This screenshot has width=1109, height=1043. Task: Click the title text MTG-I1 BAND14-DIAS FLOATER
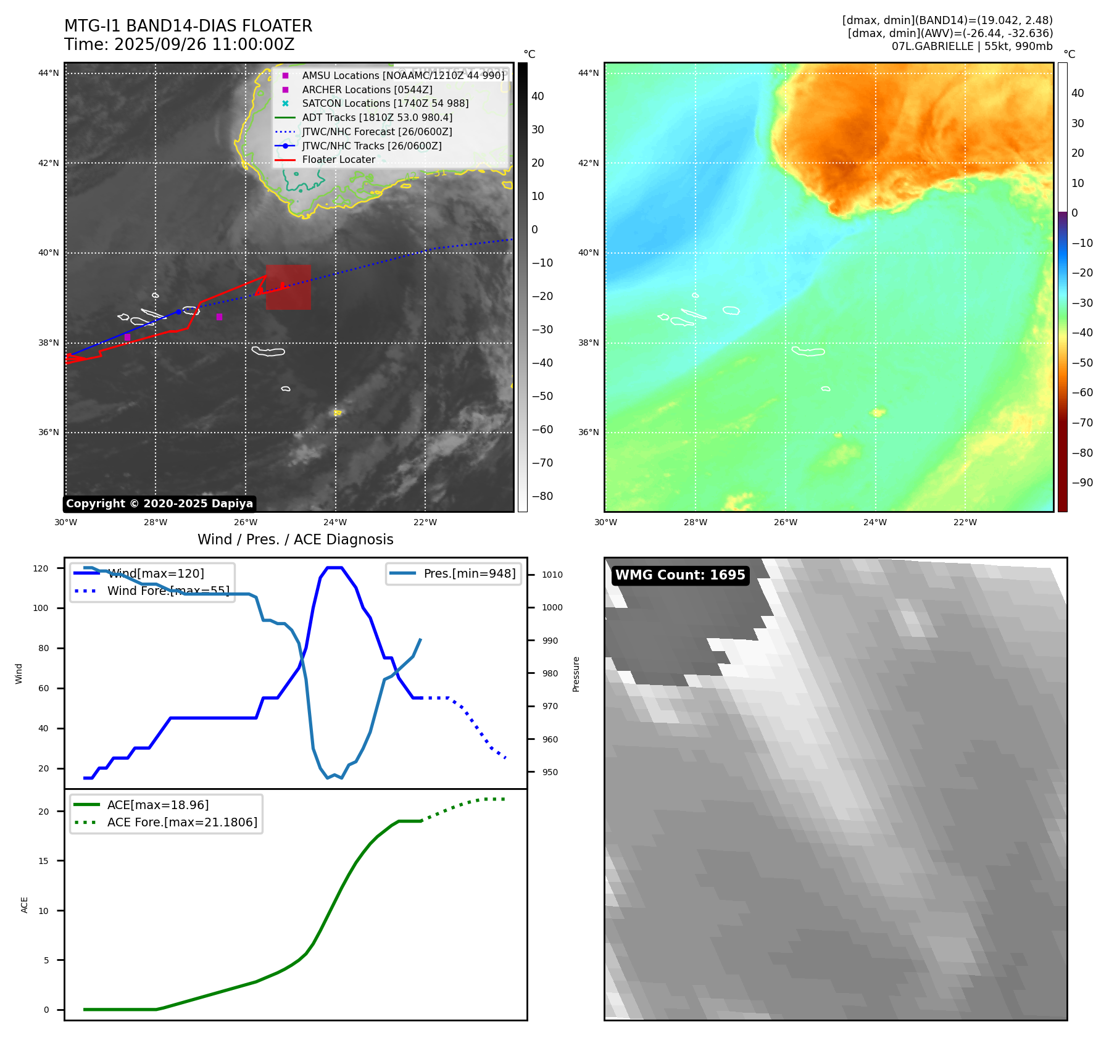point(188,26)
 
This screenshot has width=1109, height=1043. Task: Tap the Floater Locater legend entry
point(338,160)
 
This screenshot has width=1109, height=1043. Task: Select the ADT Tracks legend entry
point(376,118)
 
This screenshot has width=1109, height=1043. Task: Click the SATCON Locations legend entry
point(384,104)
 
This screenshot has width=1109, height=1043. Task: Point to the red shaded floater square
point(289,288)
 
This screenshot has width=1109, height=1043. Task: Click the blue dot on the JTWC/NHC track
point(178,312)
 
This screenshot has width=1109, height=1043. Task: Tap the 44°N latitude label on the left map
point(49,73)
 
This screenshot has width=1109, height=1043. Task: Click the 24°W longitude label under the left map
point(335,522)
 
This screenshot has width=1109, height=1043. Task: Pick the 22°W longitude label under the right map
point(965,522)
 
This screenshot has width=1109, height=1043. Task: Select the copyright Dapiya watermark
point(159,504)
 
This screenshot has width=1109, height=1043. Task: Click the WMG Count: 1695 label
point(680,575)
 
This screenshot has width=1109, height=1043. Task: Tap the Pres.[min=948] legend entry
point(469,573)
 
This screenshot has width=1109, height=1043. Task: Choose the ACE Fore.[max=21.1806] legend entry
point(182,822)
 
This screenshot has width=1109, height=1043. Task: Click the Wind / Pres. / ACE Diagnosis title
point(295,539)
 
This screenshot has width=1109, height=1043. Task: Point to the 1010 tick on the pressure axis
point(552,575)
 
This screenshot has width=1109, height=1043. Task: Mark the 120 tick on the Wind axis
point(41,568)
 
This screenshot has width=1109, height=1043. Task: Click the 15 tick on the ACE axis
point(43,861)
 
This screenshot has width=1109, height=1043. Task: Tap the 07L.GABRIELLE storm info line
point(971,46)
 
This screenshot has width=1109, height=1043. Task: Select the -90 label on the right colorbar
point(1082,483)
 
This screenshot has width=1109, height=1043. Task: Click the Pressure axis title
point(576,674)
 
